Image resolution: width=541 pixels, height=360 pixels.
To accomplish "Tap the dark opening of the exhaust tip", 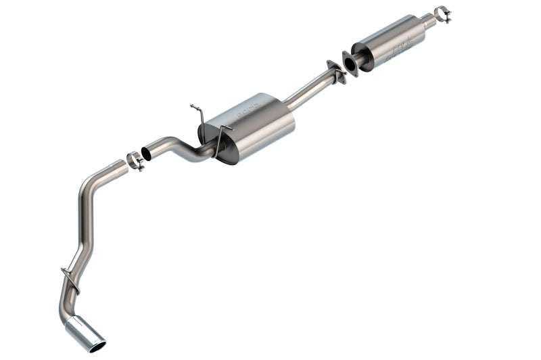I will pyautogui.click(x=97, y=346).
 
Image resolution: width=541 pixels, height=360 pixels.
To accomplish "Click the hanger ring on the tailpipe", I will pyautogui.click(x=70, y=279).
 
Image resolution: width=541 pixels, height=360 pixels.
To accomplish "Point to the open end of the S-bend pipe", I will pyautogui.click(x=147, y=153).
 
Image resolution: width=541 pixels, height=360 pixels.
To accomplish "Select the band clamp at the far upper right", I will pyautogui.click(x=442, y=14).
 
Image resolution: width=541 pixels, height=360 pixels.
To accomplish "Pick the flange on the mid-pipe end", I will pyautogui.click(x=335, y=71).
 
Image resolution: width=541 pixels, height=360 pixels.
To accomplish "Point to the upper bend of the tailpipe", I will pyautogui.click(x=91, y=183).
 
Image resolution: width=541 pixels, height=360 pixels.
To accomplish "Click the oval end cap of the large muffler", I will pyautogui.click(x=227, y=145).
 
